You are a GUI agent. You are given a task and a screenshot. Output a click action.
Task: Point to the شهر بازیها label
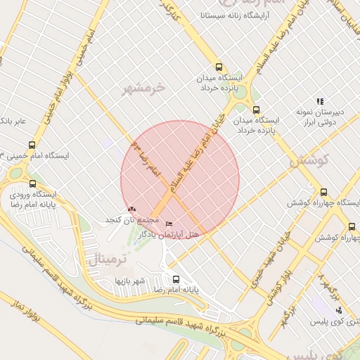pyautogui.click(x=131, y=281)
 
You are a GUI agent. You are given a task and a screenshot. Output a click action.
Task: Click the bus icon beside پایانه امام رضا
pyautogui.click(x=175, y=278)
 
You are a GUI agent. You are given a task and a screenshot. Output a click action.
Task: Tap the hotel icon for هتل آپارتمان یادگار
pyautogui.click(x=167, y=224)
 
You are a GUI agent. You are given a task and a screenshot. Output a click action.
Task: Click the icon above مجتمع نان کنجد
pyautogui.click(x=132, y=209)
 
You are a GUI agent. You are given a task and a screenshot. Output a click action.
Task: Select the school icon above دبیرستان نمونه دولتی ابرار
pyautogui.click(x=321, y=101)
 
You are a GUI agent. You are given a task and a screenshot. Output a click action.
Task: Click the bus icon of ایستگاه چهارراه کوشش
pyautogui.click(x=323, y=192)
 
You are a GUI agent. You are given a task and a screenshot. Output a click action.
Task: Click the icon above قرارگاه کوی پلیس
pyautogui.click(x=340, y=309)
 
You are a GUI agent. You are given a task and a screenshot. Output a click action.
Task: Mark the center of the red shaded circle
pyautogui.click(x=180, y=180)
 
